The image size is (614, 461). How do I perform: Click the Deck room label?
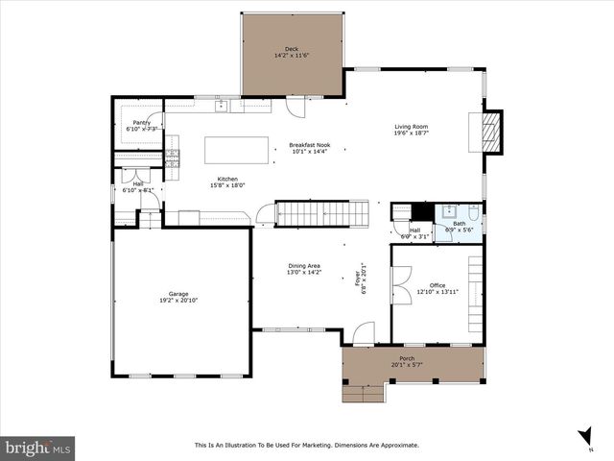(292, 49)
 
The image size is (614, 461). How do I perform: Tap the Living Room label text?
(412, 127)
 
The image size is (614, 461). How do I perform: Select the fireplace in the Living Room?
(490, 132)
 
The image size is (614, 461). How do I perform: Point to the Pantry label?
(141, 123)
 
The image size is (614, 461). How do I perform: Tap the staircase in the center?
(322, 212)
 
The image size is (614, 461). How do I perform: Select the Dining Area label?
(304, 266)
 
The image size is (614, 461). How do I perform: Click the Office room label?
(437, 285)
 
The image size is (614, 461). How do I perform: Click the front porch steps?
(365, 392)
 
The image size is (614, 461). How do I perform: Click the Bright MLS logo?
(38, 448)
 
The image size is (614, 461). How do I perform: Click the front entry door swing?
(362, 333)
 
